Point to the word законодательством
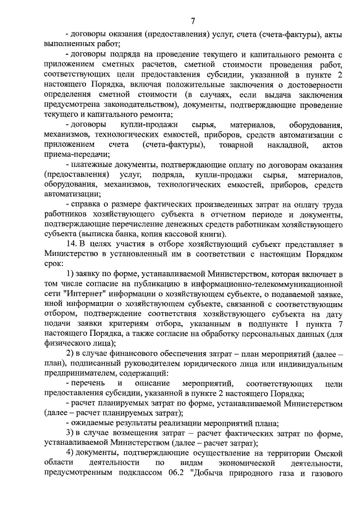click(x=142, y=105)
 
